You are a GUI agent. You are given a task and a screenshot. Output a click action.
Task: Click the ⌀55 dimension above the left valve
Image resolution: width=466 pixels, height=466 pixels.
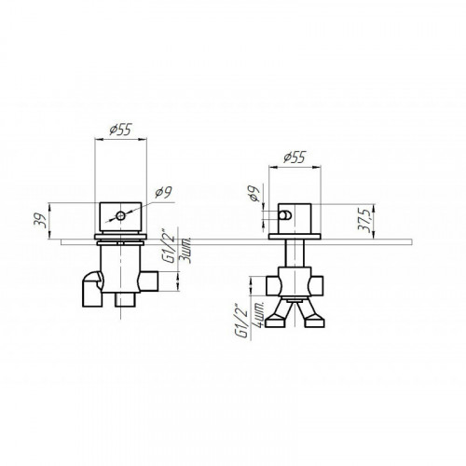(x=121, y=130)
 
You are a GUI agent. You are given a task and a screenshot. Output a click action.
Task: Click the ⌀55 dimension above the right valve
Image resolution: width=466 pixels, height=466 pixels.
(x=295, y=158)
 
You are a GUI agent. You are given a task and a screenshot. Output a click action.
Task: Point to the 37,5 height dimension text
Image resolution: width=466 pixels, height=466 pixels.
(x=363, y=220)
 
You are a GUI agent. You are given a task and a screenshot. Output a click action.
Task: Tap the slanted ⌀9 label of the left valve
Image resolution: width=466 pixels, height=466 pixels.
(x=164, y=193)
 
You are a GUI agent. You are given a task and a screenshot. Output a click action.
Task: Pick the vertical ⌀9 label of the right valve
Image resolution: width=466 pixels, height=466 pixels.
(x=254, y=194)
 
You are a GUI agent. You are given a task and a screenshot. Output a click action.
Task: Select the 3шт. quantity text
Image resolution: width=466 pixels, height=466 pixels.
(x=186, y=251)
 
